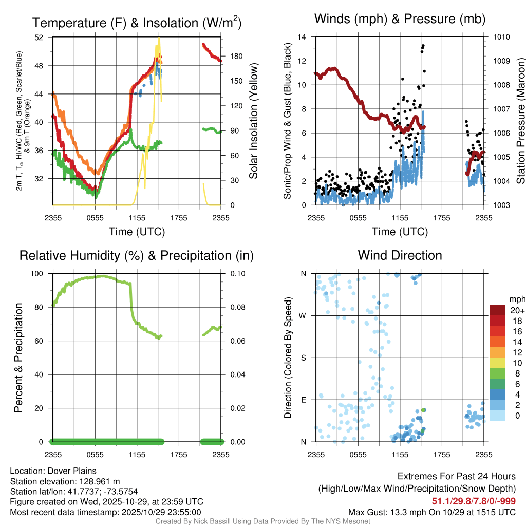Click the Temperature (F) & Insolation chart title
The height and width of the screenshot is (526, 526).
[x=137, y=23]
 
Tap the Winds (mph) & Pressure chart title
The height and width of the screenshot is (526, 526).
[x=400, y=19]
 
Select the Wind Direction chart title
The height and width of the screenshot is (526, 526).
[x=400, y=255]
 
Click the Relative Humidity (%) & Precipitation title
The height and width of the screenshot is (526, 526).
[x=136, y=255]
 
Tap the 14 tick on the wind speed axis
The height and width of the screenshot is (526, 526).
[x=302, y=37]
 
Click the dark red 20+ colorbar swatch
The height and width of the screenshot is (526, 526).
[x=497, y=310]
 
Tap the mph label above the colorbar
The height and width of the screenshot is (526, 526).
[x=516, y=299]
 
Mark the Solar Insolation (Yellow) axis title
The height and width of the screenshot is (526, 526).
[x=253, y=121]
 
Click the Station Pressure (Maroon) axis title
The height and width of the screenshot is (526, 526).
[x=520, y=121]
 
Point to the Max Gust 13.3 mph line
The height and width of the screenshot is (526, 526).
[x=432, y=512]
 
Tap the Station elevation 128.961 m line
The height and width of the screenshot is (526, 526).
[x=65, y=481]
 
